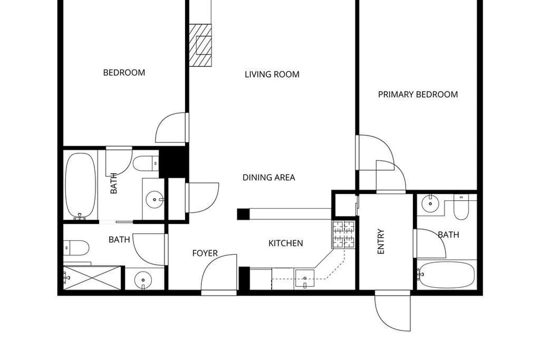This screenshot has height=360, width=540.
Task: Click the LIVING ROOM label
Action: [272, 74]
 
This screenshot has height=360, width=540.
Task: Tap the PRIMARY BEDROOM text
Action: [417, 94]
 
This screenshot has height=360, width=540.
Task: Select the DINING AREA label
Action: [268, 178]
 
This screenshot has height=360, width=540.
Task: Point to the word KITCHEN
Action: [285, 244]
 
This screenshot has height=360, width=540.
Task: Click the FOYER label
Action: [205, 254]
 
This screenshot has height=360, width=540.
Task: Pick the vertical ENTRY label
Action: [381, 241]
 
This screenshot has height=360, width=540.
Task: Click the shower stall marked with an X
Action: [92, 278]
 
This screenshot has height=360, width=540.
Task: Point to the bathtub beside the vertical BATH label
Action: [80, 185]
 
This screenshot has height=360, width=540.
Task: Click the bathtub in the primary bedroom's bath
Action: [446, 274]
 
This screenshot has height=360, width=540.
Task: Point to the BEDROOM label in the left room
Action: [124, 73]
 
